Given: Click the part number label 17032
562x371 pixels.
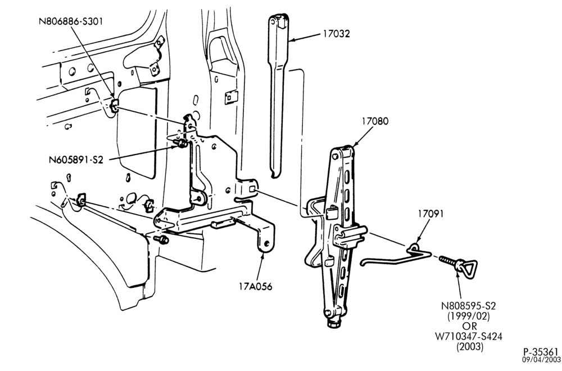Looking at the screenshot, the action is tap(336, 34).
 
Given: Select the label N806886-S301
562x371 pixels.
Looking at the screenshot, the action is tap(71, 21).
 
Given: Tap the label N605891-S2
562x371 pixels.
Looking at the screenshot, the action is tap(76, 160).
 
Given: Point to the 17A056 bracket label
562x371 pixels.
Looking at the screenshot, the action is tap(256, 287).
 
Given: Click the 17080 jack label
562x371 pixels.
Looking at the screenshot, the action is tap(374, 121).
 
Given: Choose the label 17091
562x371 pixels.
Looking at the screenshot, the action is tap(430, 214).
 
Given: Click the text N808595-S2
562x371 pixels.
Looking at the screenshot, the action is tap(469, 306).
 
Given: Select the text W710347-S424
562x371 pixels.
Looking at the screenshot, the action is tap(469, 337).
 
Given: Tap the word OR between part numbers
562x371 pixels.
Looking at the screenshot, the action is tap(469, 327).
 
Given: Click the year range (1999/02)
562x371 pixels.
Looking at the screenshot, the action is tap(469, 316).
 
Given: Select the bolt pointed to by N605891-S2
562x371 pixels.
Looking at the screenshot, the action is tap(180, 143).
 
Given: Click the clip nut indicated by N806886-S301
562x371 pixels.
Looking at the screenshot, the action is tap(114, 106).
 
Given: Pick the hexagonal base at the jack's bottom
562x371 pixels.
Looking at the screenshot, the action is tap(334, 324).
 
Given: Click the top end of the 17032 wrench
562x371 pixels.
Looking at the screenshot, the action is tap(279, 20).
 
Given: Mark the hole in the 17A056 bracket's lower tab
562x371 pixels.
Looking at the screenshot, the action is tap(266, 244).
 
